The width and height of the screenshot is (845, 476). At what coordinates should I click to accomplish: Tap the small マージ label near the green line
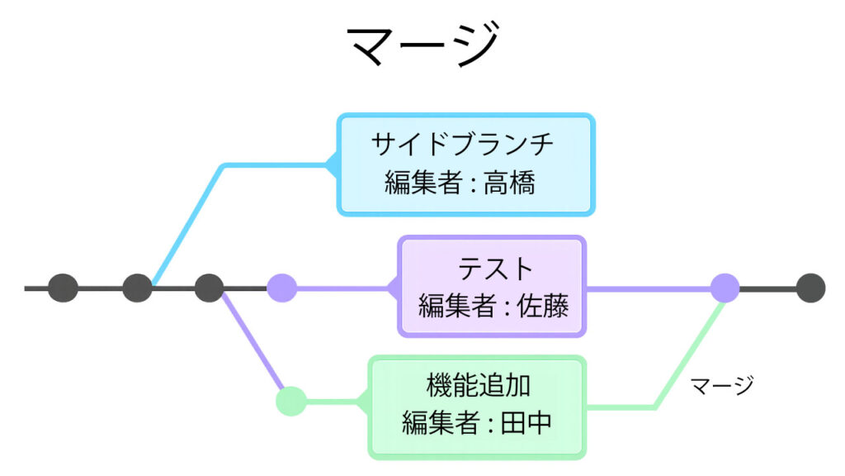[x=722, y=384]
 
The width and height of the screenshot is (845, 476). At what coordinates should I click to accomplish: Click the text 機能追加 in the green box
[x=478, y=385]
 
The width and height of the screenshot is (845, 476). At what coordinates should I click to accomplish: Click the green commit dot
[x=290, y=402]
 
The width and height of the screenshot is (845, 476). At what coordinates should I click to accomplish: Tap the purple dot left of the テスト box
[x=282, y=288]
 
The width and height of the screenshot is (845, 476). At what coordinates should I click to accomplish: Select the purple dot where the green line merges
[x=725, y=288]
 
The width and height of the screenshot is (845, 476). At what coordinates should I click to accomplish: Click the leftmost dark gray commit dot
[x=63, y=288]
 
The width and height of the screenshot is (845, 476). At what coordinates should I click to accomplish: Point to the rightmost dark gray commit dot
[x=810, y=288]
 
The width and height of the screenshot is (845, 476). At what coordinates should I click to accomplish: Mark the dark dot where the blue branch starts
[x=137, y=288]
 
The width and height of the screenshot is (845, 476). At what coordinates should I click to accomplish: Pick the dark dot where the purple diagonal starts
[x=210, y=288]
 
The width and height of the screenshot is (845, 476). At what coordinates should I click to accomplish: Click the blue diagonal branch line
[x=186, y=223]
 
